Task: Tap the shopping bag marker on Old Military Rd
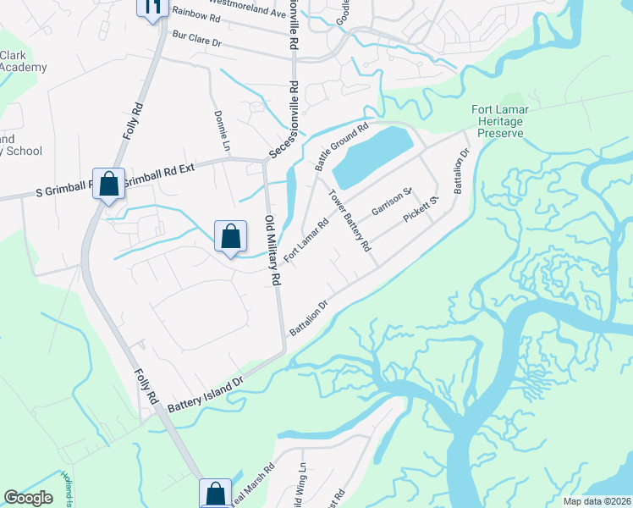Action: coord(230,237)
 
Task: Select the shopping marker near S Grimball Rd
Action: coord(109,184)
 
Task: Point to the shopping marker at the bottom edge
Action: coord(216,493)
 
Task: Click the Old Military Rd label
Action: coord(272,249)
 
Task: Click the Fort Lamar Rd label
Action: coord(305,240)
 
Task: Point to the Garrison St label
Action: coord(390,202)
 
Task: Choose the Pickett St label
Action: coord(421,209)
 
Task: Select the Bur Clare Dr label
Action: coord(195,39)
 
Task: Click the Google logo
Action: coord(28,498)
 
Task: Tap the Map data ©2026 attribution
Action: coord(597,501)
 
